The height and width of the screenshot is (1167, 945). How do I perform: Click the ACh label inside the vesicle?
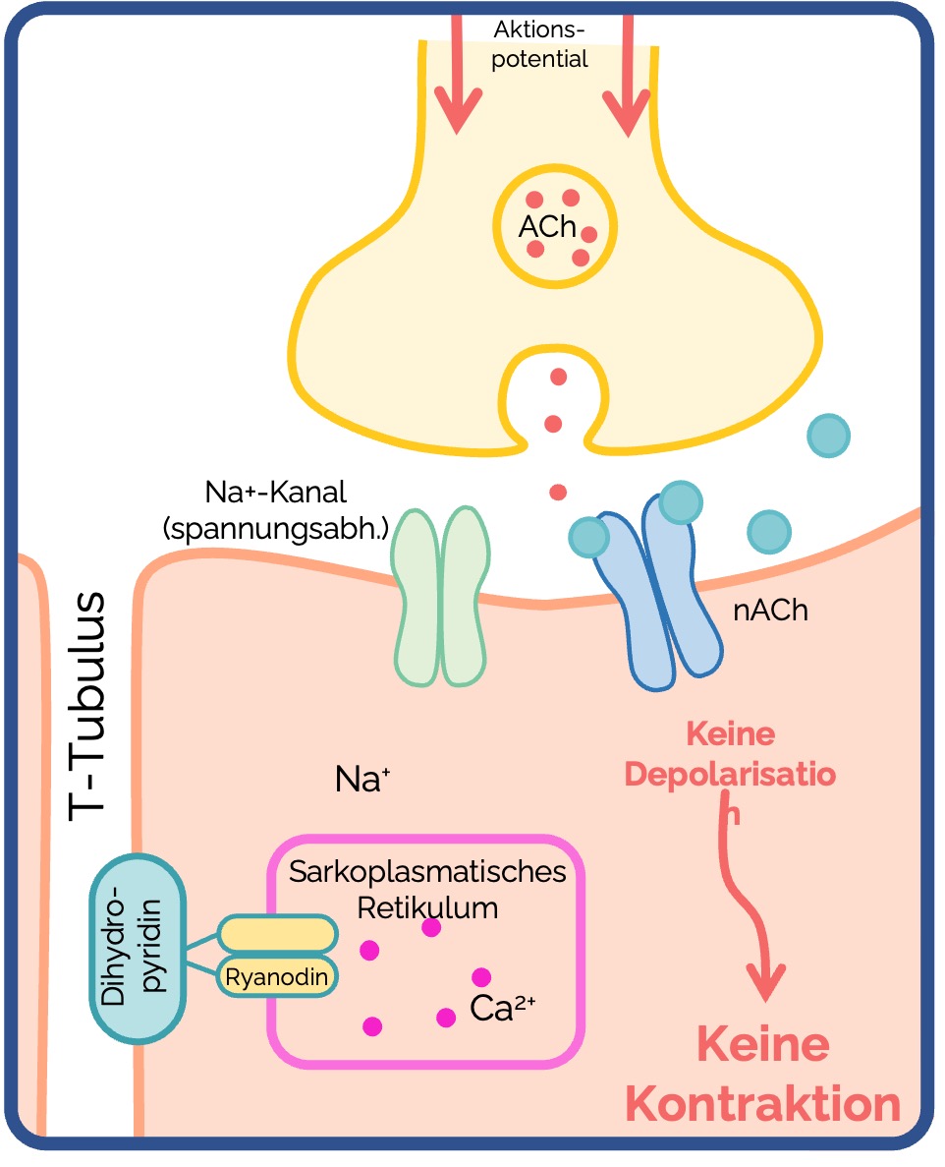[x=547, y=226]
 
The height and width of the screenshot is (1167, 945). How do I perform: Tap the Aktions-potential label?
[x=539, y=44]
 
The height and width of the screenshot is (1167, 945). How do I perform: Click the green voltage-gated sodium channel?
[x=441, y=596]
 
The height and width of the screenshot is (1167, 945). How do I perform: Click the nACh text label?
[x=770, y=611]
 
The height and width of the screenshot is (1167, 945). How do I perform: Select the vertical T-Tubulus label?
[x=87, y=706]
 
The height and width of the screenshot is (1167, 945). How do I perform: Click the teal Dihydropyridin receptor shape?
[x=138, y=949]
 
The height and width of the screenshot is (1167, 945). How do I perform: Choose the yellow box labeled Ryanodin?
[x=277, y=976]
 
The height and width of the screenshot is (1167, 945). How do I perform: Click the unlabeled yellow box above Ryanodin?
[x=277, y=934]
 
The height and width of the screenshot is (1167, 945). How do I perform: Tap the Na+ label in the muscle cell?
[x=362, y=780]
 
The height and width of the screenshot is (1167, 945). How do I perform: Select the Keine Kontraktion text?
[x=763, y=1074]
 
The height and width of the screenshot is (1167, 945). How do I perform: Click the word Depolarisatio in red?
[x=730, y=774]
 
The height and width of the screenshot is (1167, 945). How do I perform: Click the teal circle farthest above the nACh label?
[x=828, y=436]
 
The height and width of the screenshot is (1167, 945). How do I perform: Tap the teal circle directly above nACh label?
[x=769, y=532]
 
